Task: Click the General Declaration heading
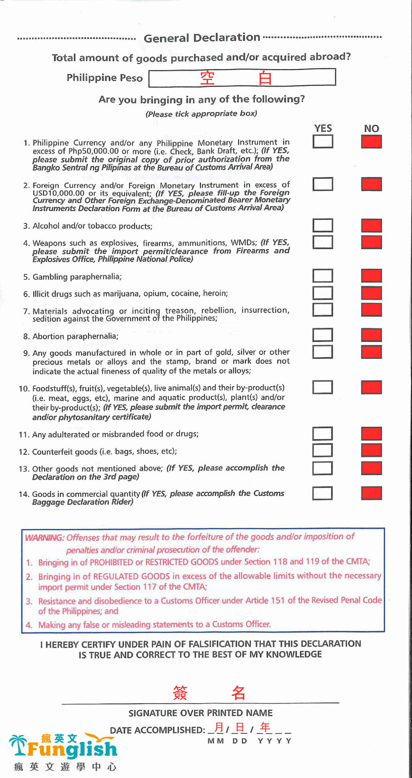[x=202, y=38]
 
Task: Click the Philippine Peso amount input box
[x=242, y=78]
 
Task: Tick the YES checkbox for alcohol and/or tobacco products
[x=322, y=226]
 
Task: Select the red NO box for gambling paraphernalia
[x=371, y=276]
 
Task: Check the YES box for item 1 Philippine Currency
[x=322, y=142]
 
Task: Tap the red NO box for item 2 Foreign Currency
[x=371, y=184]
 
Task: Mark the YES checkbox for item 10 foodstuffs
[x=322, y=387]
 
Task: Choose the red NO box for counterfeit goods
[x=371, y=451]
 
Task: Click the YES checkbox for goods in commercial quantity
[x=322, y=493]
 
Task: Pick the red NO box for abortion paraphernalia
[x=371, y=335]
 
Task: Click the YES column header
[x=323, y=128]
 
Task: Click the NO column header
[x=371, y=129]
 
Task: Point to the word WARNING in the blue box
[x=44, y=537]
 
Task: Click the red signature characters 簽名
[x=209, y=693]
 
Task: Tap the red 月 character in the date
[x=219, y=728]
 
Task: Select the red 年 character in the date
[x=265, y=728]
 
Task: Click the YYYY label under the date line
[x=274, y=741]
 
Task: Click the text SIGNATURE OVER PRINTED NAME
[x=200, y=713]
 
